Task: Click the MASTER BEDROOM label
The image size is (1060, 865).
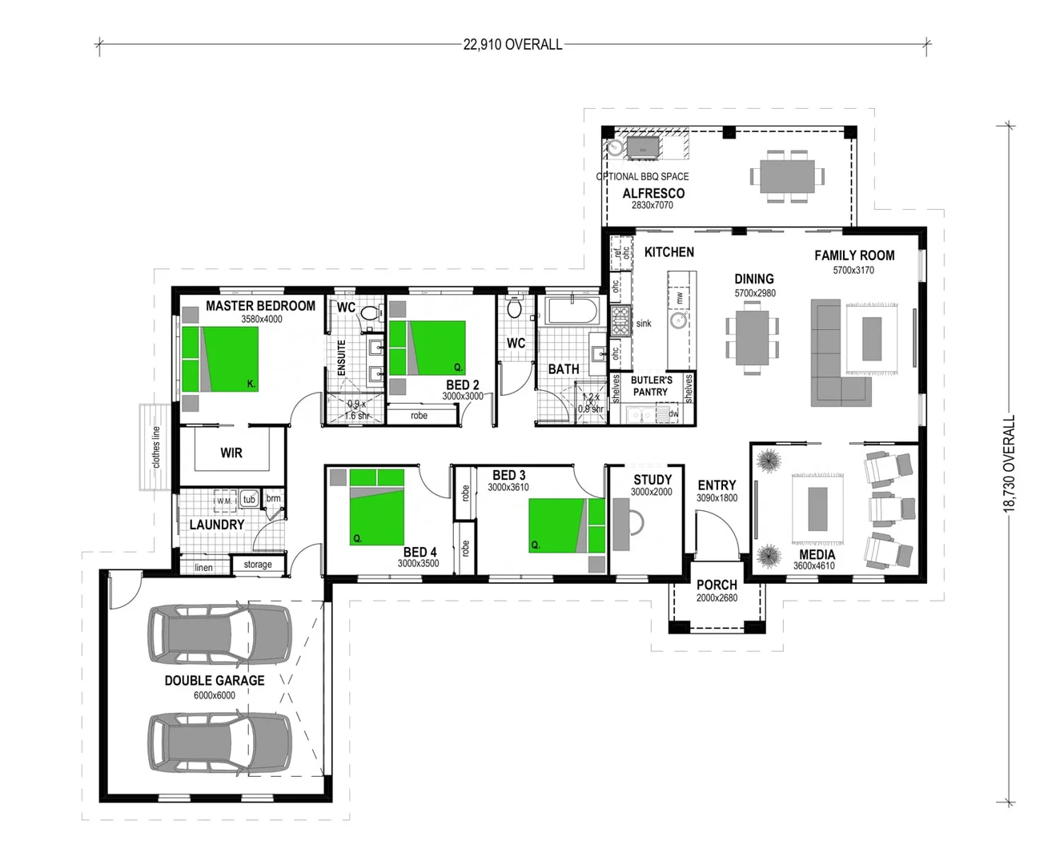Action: click(260, 305)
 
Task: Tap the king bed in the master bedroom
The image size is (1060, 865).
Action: click(220, 359)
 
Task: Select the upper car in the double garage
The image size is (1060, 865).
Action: click(219, 633)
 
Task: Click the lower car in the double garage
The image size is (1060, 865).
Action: click(219, 742)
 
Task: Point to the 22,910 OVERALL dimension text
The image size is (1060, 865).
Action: click(512, 45)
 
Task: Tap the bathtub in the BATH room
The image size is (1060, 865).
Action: click(572, 312)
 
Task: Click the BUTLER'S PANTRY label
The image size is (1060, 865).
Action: click(651, 386)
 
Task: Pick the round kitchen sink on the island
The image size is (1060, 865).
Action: click(679, 321)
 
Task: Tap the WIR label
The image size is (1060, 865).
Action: click(231, 453)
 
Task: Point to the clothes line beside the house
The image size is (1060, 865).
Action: click(155, 446)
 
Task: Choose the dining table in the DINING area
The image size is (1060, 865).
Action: click(752, 337)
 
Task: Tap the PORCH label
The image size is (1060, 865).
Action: click(717, 585)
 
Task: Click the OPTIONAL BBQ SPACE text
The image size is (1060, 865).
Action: click(642, 176)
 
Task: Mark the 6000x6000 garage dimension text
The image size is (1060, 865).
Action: click(215, 695)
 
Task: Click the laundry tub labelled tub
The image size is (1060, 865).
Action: click(249, 499)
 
